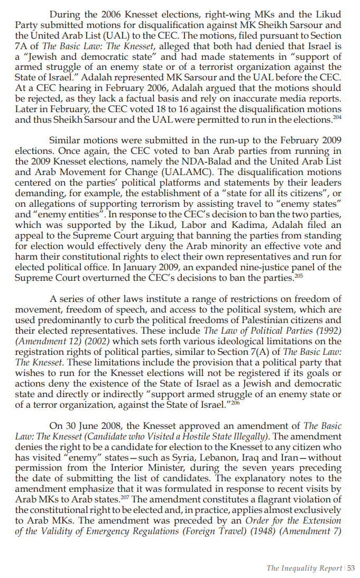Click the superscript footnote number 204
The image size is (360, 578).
[337, 117]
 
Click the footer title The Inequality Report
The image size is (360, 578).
[304, 568]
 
